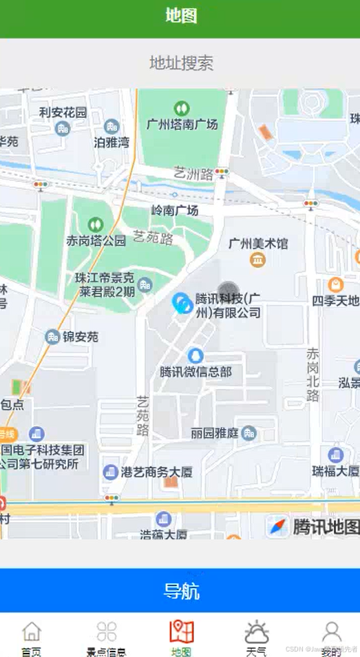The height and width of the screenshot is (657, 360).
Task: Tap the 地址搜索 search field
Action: (180, 63)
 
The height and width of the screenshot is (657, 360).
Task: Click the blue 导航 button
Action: (180, 590)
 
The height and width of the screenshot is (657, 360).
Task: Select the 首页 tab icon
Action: (31, 631)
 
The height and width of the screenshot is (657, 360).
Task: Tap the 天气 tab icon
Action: (256, 631)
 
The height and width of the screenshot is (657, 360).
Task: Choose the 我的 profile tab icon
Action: (331, 631)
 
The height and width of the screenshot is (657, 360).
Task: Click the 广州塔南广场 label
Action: (182, 125)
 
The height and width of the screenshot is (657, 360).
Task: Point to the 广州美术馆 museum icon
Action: (258, 260)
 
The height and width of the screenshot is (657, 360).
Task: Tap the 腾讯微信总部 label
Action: (195, 372)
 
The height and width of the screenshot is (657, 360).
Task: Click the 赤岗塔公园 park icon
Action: (95, 225)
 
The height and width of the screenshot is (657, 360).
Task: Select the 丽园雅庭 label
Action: (214, 433)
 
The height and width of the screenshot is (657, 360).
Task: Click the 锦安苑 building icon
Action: (52, 337)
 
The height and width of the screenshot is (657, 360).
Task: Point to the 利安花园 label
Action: (63, 112)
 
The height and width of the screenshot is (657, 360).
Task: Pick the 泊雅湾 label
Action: (112, 143)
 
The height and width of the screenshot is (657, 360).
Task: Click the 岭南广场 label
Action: (175, 210)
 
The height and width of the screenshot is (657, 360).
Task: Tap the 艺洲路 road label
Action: (193, 174)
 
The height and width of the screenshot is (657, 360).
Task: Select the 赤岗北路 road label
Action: (313, 375)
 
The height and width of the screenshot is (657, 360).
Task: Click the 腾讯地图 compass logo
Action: (279, 526)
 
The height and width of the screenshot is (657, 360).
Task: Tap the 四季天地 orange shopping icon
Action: (335, 284)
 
